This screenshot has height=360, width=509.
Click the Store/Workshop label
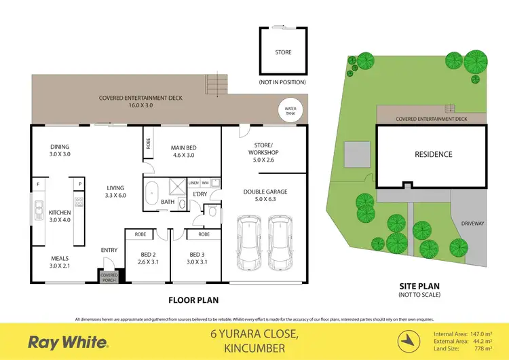pyautogui.click(x=263, y=147)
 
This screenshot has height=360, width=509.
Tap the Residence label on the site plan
pyautogui.click(x=434, y=154)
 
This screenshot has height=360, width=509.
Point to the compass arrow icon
pyautogui.click(x=408, y=339)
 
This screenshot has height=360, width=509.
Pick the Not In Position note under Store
pyautogui.click(x=282, y=82)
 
